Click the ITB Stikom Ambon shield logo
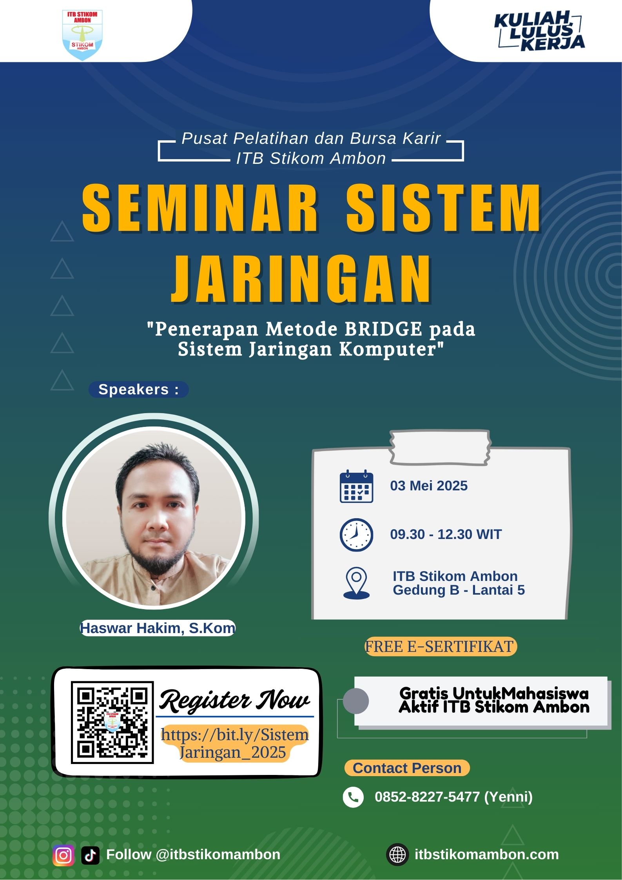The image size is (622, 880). [x=82, y=35]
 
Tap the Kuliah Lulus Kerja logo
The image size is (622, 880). [x=540, y=31]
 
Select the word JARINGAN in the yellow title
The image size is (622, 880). [x=301, y=279]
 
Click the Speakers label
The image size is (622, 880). [x=138, y=390]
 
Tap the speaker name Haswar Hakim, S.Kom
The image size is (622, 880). [x=158, y=628]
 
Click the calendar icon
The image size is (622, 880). [x=356, y=486]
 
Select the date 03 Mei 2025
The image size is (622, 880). [x=429, y=486]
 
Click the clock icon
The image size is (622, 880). [x=356, y=535]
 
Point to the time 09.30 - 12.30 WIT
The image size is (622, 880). [x=446, y=534]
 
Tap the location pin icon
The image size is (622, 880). [x=356, y=583]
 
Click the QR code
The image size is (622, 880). [x=112, y=722]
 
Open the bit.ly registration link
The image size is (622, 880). [x=234, y=744]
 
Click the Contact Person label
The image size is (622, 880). [x=407, y=768]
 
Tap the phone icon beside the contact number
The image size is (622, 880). [x=353, y=797]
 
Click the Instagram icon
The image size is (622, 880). [x=63, y=855]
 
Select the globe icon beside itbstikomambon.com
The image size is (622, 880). [x=397, y=855]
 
